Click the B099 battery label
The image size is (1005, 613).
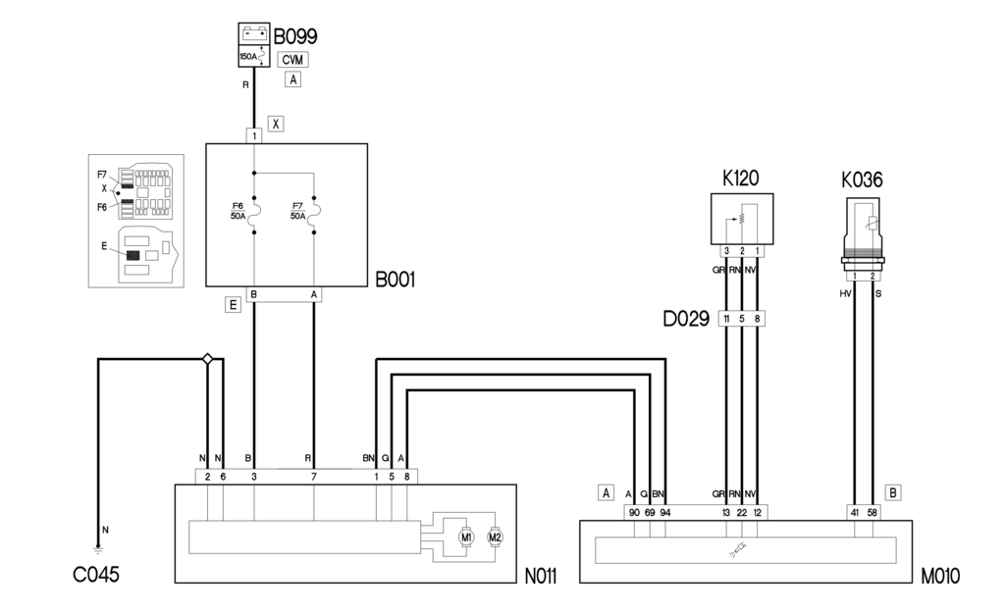[x=294, y=36]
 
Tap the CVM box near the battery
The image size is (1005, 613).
[x=292, y=59]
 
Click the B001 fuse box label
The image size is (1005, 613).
[x=396, y=281]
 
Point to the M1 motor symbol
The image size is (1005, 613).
[x=466, y=536]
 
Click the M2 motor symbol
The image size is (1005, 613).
[x=496, y=536]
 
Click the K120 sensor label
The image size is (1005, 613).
[x=741, y=179]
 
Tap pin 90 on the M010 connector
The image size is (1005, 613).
[x=634, y=512]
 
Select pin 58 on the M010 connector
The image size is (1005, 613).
[x=873, y=512]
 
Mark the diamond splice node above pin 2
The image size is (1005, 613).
[x=207, y=360]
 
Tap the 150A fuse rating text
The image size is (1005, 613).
[x=248, y=57]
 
